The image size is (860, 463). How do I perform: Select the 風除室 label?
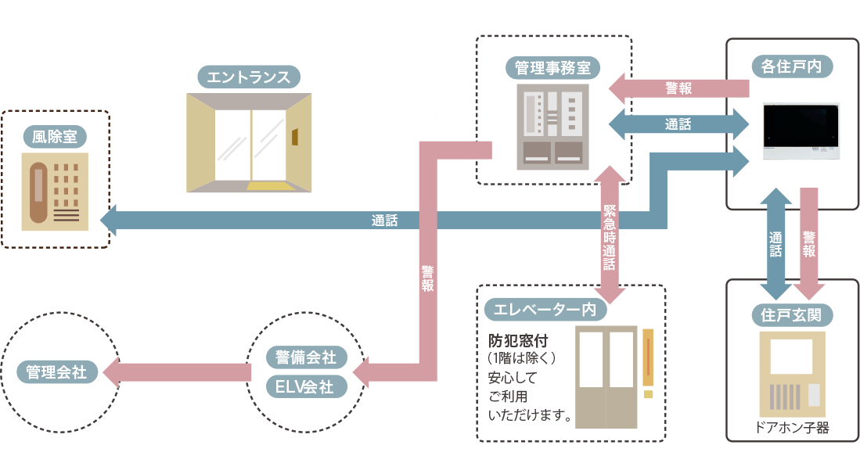(55, 138)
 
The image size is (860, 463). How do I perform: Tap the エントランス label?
(248, 77)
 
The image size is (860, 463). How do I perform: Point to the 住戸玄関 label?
(791, 315)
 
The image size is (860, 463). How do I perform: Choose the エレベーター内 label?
(545, 310)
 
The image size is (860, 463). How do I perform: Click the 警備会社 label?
(306, 357)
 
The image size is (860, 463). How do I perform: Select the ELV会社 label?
(305, 386)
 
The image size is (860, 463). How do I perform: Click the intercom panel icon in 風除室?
(55, 192)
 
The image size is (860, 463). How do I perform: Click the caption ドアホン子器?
(791, 428)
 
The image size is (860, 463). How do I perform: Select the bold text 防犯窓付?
(517, 341)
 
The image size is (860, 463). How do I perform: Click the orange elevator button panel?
(647, 357)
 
